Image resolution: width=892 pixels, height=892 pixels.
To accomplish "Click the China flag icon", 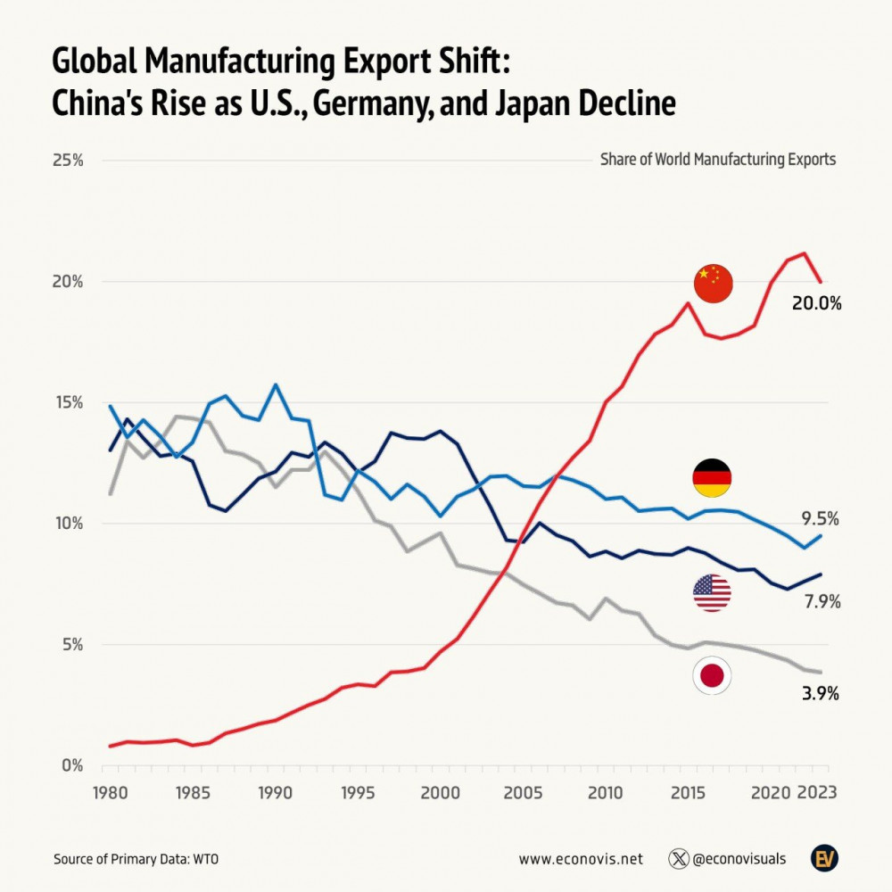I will pos(713,284).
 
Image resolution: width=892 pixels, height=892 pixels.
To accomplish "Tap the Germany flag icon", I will pos(712,478).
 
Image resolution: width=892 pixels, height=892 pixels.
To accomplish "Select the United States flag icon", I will pos(712,593).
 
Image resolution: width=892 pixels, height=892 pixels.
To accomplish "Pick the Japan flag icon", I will pos(712,676).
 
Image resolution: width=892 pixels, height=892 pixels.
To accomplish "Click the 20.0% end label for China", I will pos(816,303).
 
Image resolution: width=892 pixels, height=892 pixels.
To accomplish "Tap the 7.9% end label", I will pos(822,601).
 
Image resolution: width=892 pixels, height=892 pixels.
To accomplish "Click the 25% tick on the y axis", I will pos(68,161).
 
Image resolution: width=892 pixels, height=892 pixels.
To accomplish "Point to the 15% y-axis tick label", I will pos(68,402).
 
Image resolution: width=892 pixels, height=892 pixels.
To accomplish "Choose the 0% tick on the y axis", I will pos(72,765).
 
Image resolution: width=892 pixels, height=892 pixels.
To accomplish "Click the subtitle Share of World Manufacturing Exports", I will pos(718,160).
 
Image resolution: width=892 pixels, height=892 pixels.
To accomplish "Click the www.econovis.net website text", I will pos(581,859).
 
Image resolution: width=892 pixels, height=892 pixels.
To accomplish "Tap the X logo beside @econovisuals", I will pos(679,859).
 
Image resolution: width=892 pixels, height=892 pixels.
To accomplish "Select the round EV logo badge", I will pos(825,859).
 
